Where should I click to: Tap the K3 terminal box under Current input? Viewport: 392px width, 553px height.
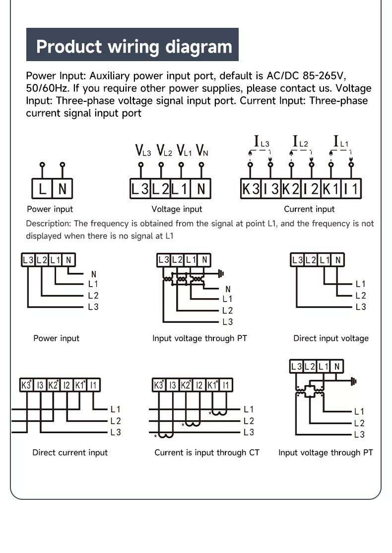(251, 189)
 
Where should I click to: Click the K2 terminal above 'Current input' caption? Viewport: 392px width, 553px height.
(291, 189)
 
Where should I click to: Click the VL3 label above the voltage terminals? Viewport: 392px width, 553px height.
(143, 150)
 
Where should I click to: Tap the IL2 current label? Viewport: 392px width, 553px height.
(300, 142)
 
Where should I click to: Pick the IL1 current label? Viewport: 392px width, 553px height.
(340, 142)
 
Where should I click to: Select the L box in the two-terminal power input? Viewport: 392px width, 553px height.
(43, 189)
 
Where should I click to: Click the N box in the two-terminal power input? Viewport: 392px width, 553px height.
(63, 189)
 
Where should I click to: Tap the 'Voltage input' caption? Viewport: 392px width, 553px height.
(177, 209)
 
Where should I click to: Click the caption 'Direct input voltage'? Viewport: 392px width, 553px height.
(331, 338)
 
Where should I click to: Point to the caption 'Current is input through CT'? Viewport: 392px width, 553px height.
(206, 453)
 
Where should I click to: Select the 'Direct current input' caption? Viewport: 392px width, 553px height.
(70, 453)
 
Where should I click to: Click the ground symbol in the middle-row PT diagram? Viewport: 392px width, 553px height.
(221, 273)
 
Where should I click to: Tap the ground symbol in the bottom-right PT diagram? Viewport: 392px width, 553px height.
(353, 382)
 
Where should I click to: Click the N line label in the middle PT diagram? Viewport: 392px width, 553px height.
(228, 289)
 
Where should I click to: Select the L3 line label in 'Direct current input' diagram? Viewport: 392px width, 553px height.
(116, 432)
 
